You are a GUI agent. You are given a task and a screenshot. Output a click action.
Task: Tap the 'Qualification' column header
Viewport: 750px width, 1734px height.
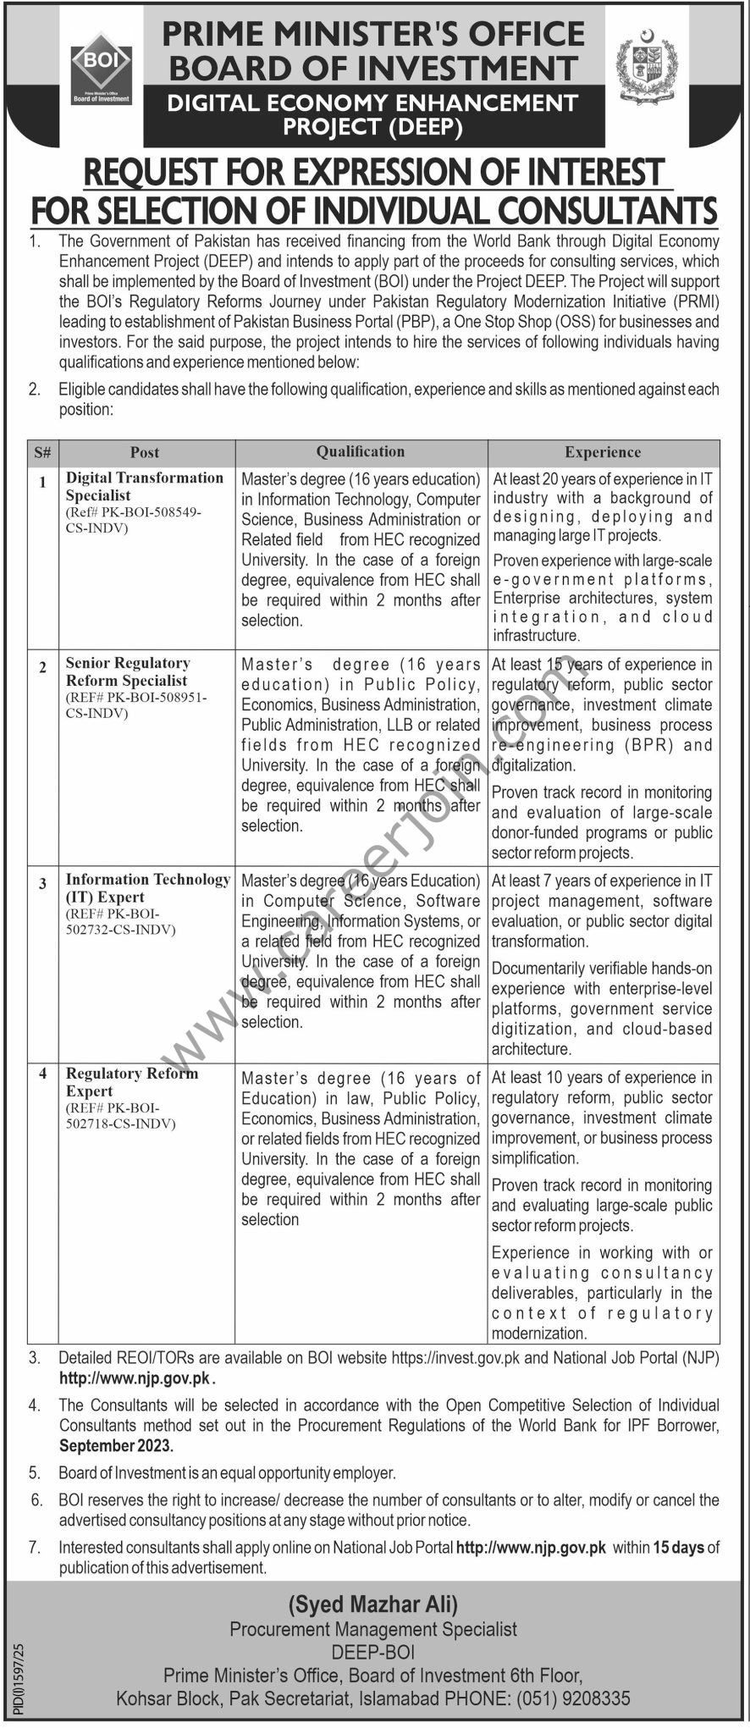[x=361, y=452]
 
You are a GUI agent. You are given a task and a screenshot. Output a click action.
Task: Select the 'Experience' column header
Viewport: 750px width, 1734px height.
[x=603, y=453]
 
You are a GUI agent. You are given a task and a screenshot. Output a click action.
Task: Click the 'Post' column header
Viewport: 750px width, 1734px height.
[x=145, y=453]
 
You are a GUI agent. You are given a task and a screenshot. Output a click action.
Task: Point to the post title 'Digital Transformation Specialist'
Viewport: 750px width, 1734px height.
[x=144, y=487]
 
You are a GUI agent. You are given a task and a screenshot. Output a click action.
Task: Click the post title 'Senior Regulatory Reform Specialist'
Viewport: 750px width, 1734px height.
[x=128, y=672]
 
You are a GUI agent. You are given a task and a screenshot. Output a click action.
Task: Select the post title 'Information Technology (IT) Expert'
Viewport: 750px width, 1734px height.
[x=147, y=888]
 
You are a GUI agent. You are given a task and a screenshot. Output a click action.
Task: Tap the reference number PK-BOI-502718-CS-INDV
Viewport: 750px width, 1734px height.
[x=120, y=1116]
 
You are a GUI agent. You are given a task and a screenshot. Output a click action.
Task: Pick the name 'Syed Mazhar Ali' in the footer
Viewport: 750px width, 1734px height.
[x=373, y=1604]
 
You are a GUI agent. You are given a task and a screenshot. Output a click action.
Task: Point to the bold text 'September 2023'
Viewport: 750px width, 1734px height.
[x=111, y=1445]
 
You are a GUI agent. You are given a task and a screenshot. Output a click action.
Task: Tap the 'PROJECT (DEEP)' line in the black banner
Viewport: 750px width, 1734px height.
[x=373, y=128]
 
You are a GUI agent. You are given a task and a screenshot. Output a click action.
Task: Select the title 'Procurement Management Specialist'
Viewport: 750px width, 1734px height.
[x=373, y=1629]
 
